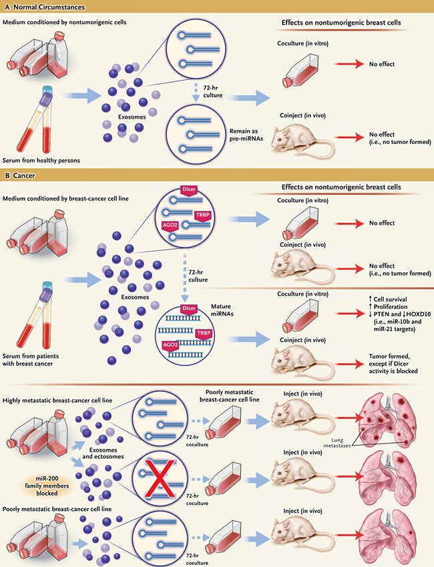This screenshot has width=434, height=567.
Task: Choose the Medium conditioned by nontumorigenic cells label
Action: [x=65, y=24]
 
